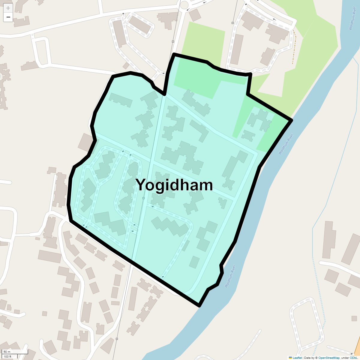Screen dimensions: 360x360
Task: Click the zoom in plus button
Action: [8, 8]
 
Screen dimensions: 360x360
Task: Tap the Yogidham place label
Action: [174, 185]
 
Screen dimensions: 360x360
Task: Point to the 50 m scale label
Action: [7, 352]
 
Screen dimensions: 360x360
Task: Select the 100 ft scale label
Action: [7, 356]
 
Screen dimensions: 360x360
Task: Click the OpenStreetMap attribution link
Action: [329, 358]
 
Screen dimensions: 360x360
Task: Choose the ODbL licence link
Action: [353, 358]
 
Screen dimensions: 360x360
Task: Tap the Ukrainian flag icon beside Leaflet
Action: [290, 358]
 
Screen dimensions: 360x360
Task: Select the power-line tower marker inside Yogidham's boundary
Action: [143, 198]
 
